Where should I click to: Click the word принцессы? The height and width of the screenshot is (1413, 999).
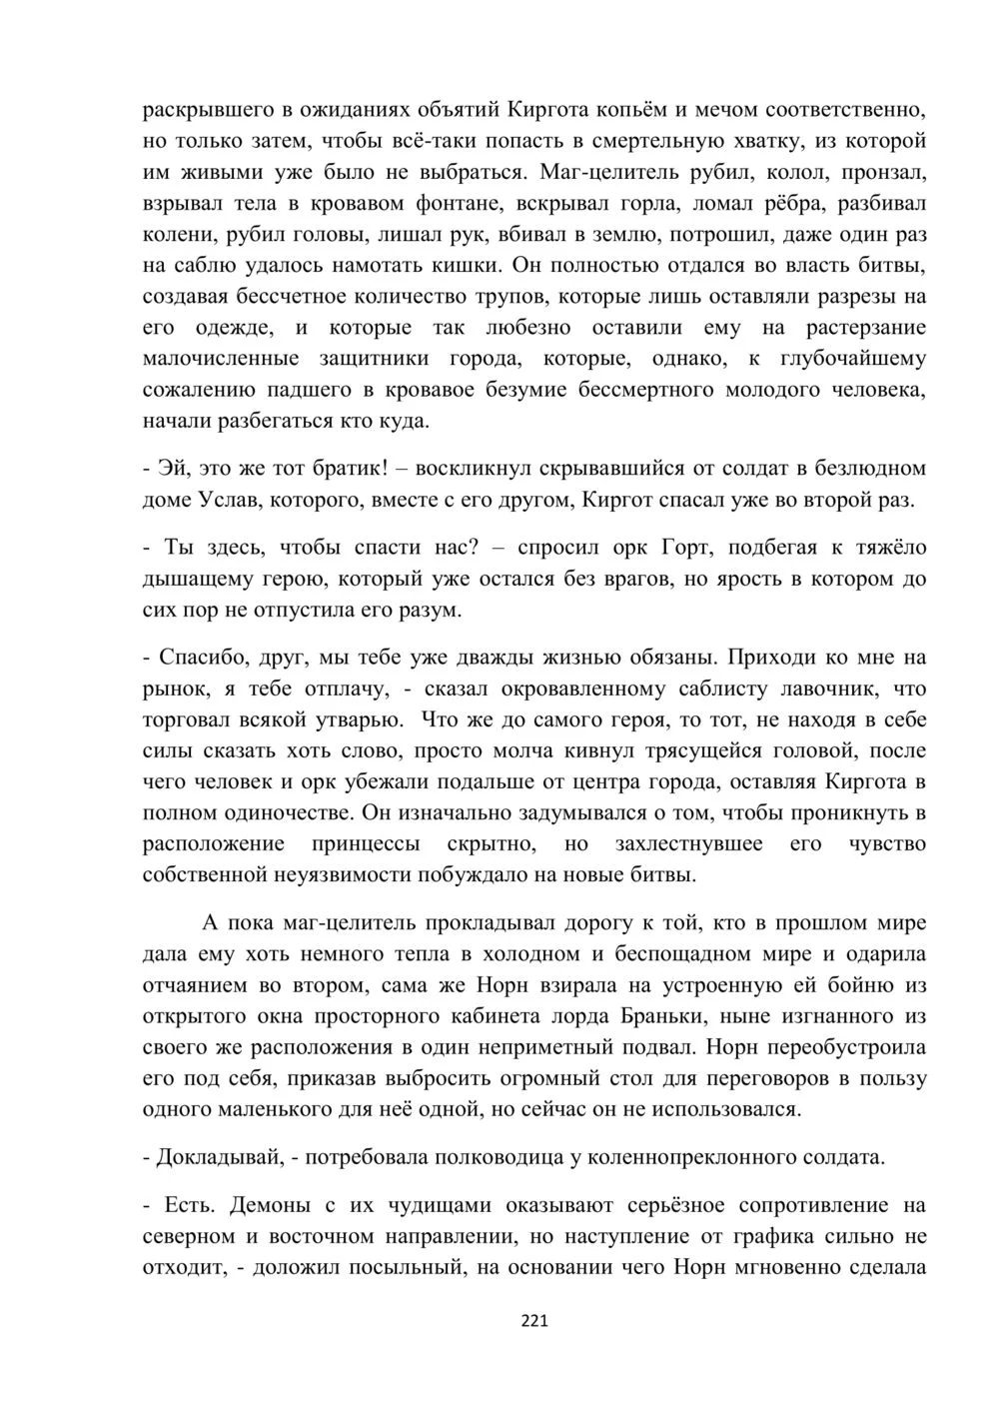coord(384,844)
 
